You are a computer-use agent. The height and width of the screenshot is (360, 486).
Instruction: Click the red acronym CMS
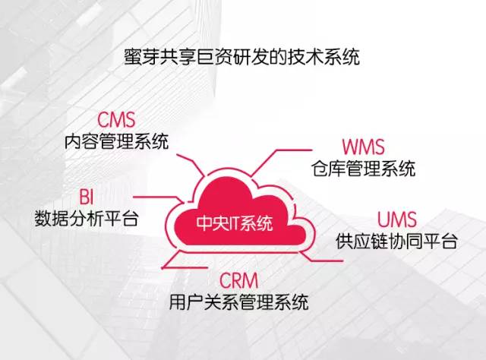coord(116,120)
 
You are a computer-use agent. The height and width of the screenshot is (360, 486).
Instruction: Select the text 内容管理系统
coord(116,141)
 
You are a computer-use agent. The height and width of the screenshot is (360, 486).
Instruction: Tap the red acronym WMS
coord(363,147)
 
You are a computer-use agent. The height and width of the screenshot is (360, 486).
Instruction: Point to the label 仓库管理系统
coord(363,169)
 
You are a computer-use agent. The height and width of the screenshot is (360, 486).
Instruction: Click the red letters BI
coord(86,197)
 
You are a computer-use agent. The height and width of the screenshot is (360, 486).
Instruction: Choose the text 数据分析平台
coord(86,218)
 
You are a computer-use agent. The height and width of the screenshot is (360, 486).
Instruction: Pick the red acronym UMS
coord(396,219)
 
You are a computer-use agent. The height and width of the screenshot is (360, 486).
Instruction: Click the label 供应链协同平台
coord(396,241)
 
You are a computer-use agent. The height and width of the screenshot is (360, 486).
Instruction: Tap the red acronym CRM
coord(238,280)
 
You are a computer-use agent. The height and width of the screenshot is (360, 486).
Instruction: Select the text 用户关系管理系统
coord(238,302)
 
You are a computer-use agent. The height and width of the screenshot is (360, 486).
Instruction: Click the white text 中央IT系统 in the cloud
coord(235,223)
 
